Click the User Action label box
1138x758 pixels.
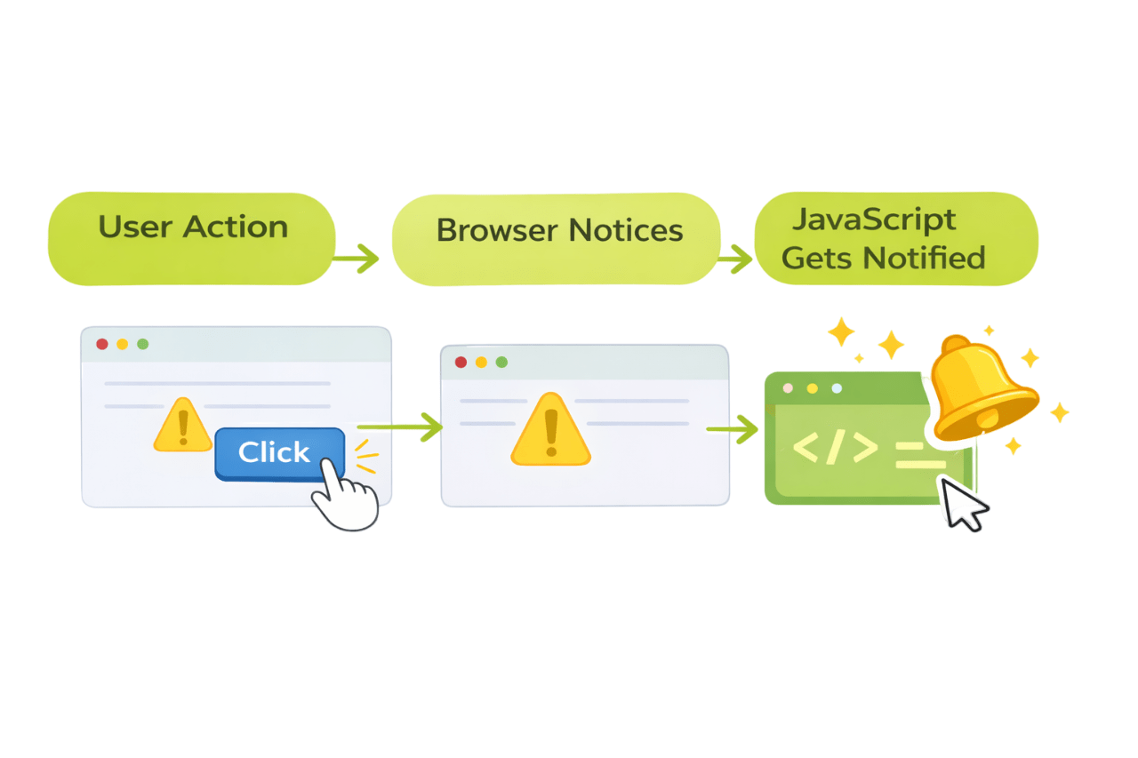pos(191,238)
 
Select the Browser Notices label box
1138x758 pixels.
pos(557,238)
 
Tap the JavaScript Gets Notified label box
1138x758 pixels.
pos(896,238)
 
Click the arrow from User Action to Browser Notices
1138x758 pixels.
pos(357,259)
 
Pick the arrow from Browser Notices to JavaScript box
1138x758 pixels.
pos(735,259)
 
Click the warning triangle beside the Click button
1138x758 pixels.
pos(182,426)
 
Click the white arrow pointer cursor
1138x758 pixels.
pos(961,503)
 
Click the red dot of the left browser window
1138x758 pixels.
pos(102,344)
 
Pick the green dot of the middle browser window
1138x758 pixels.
pos(501,362)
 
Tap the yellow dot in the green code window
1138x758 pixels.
pos(812,388)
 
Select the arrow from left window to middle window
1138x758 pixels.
pos(400,427)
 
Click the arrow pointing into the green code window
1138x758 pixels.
pos(733,430)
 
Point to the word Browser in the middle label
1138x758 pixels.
pos(498,231)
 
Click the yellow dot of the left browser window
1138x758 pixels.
pos(123,344)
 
